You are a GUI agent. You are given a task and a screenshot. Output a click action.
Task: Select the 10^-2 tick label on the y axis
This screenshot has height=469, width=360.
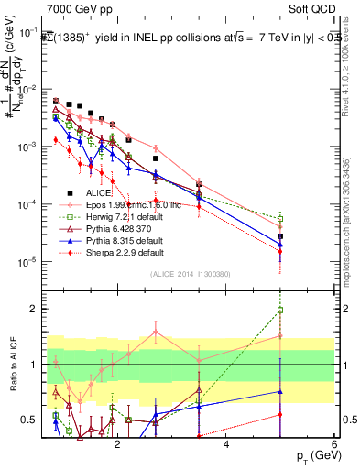pos(27,90)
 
